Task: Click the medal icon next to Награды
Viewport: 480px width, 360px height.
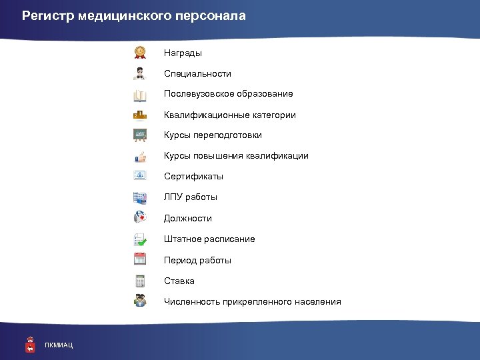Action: [x=140, y=52]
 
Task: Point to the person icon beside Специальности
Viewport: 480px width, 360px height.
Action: [x=140, y=73]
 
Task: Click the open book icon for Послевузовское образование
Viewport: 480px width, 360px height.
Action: [x=140, y=94]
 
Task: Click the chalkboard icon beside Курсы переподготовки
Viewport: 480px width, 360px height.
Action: [x=140, y=135]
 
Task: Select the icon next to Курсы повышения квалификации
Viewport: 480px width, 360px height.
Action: [x=140, y=156]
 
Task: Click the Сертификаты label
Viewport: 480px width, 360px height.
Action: [x=193, y=177]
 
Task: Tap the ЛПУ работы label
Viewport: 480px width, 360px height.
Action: [x=191, y=197]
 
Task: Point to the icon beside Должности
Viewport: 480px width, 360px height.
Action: [x=140, y=217]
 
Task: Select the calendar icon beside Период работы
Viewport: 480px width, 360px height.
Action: [x=140, y=259]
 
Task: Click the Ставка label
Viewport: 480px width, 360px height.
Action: [x=179, y=281]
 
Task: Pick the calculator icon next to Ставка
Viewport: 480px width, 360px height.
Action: [x=140, y=280]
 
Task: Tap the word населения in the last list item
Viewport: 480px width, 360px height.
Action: [x=315, y=302]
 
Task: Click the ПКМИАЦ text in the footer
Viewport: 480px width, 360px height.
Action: [x=59, y=345]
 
